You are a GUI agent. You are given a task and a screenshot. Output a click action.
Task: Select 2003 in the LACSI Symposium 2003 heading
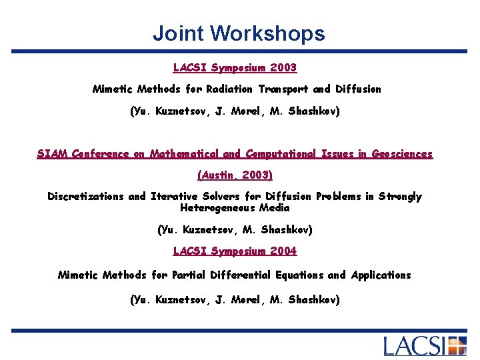coord(283,68)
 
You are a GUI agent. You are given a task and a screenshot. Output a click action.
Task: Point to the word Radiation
coord(229,89)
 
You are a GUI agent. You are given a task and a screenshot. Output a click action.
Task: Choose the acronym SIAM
coord(51,154)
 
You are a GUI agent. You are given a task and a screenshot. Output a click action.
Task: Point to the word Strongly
coord(400,197)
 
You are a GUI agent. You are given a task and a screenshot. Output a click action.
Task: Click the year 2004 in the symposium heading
coord(283,251)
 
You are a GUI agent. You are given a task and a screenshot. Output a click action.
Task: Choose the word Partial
coord(190,275)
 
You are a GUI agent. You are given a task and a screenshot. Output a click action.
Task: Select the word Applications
coord(381,275)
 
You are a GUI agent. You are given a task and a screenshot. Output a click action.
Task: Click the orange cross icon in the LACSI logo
coord(457,346)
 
